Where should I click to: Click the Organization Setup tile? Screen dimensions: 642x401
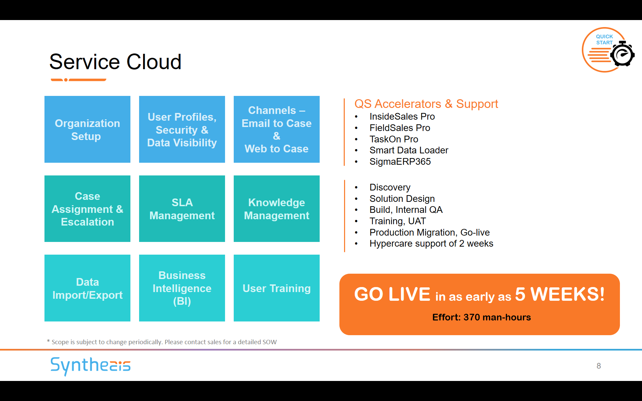(x=87, y=129)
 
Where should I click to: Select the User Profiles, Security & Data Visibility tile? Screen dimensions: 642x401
(x=182, y=129)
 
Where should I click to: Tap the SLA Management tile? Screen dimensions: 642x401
(x=182, y=209)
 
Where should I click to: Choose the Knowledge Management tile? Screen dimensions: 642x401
(x=277, y=209)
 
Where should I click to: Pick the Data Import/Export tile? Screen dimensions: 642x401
(x=87, y=288)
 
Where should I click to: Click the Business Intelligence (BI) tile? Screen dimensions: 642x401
(x=182, y=288)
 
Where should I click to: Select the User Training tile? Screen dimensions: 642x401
(x=277, y=288)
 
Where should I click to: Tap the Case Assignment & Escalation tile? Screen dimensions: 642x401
(x=87, y=209)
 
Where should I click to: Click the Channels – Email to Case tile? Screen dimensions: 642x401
(x=277, y=129)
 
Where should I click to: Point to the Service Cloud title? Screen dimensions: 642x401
(x=115, y=62)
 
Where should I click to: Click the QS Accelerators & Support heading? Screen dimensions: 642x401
(x=426, y=104)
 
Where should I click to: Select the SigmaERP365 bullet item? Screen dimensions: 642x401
(x=400, y=162)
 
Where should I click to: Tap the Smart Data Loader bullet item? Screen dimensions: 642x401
(x=409, y=150)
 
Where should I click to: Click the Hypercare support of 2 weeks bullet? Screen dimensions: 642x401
(x=431, y=244)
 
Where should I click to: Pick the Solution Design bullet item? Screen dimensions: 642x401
(x=402, y=199)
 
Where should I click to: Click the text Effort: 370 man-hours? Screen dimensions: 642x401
(x=481, y=317)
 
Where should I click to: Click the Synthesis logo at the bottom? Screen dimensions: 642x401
(x=90, y=366)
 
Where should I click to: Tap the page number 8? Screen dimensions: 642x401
(x=599, y=366)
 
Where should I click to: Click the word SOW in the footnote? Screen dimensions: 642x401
(x=270, y=342)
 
